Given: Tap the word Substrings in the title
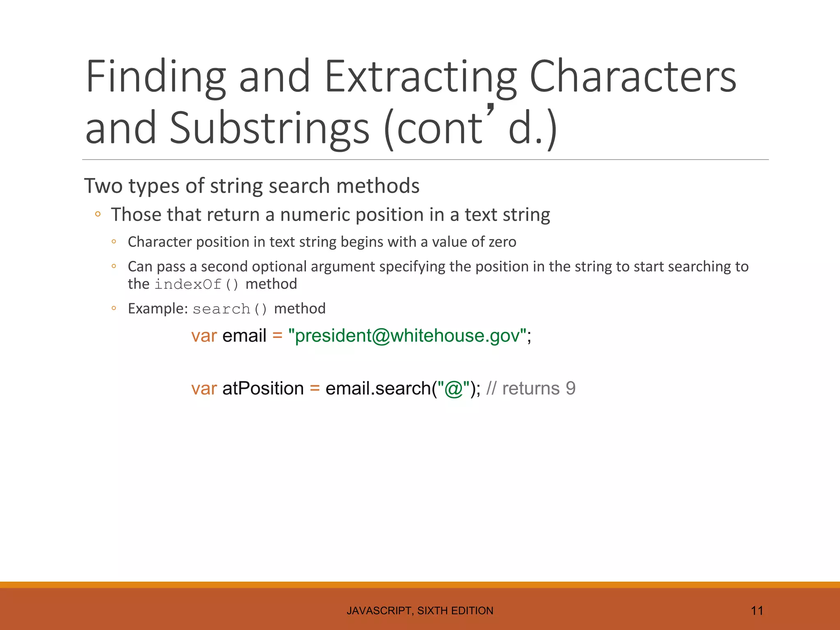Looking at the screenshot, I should pos(269,129).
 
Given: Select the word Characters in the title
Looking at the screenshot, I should pos(633,77).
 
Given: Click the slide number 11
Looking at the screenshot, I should pos(757,611).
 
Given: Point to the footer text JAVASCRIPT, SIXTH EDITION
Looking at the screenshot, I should pos(420,611).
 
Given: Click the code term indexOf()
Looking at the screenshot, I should pos(196,284).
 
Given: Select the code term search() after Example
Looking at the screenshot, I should pos(230,309).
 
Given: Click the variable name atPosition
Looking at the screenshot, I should pos(263,388).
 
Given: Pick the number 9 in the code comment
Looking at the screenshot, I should pos(571,388).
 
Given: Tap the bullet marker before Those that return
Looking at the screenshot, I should pos(98,214).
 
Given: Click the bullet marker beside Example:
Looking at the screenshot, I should pos(114,308).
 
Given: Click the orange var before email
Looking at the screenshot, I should pos(204,336).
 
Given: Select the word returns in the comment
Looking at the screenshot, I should pos(531,388).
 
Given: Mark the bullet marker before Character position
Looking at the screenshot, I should pos(114,242).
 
